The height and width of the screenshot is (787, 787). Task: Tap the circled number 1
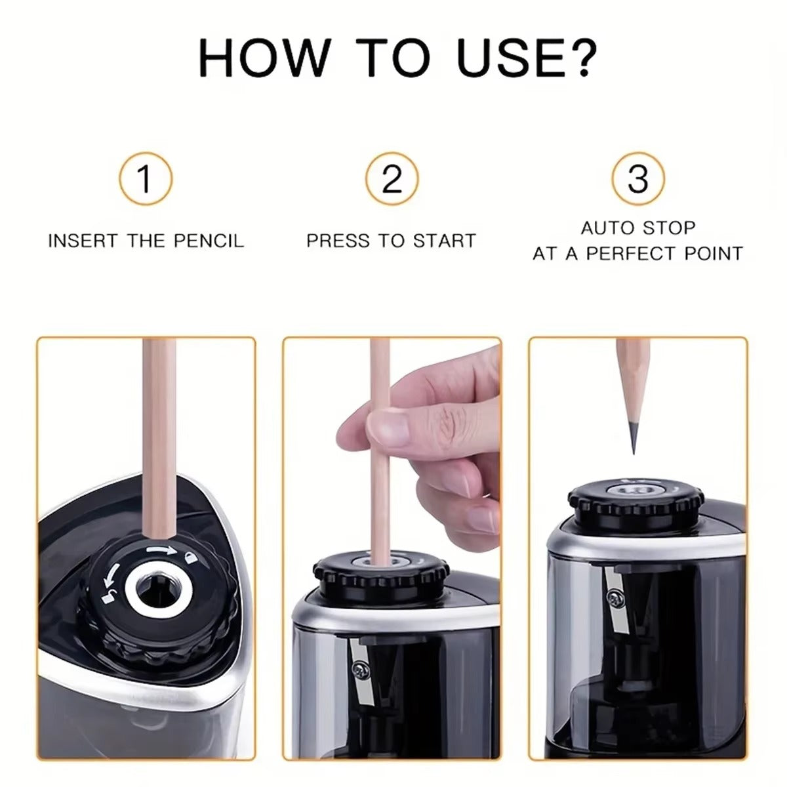[146, 178]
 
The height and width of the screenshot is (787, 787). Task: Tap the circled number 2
[392, 178]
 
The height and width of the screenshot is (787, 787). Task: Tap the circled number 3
[637, 178]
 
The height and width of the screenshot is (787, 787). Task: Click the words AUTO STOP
[637, 228]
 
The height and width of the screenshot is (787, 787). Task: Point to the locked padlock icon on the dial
[190, 557]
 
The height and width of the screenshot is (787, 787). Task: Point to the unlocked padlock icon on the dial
[106, 596]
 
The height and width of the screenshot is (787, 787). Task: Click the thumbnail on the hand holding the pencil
[388, 427]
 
